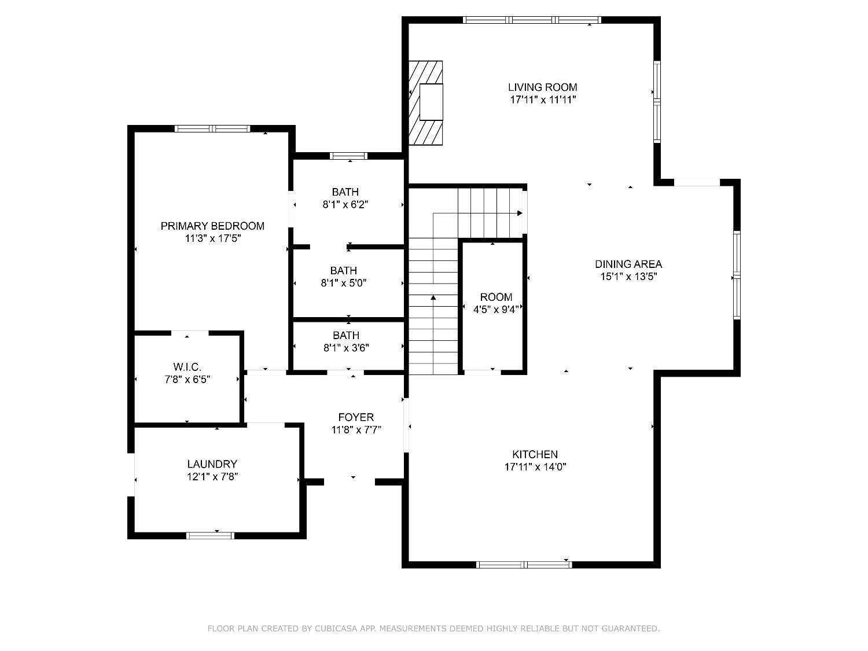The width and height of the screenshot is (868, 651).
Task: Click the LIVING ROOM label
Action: click(x=542, y=87)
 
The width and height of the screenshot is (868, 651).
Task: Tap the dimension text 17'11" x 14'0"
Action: click(x=535, y=467)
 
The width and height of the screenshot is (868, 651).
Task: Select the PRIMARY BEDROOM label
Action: click(x=212, y=226)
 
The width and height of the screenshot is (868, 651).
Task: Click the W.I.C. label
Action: click(x=187, y=367)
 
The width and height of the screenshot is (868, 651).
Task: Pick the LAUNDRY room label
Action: click(x=212, y=464)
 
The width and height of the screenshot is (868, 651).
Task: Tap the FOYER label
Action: click(x=356, y=417)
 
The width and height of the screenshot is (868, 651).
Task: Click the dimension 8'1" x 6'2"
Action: click(x=345, y=204)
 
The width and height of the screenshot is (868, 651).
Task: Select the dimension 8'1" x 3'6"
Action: click(x=346, y=348)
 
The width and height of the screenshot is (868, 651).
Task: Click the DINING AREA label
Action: click(x=628, y=264)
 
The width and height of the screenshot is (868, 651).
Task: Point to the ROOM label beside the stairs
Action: click(x=496, y=297)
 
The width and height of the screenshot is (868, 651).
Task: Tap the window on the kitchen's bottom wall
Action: click(x=524, y=564)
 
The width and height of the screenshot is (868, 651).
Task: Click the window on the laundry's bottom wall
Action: click(x=210, y=535)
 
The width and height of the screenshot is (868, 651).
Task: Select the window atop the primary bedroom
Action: click(x=212, y=128)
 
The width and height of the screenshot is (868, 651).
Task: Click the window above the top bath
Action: click(x=348, y=156)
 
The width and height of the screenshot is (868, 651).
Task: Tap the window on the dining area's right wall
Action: click(x=737, y=275)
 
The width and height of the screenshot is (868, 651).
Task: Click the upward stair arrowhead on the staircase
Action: click(x=433, y=297)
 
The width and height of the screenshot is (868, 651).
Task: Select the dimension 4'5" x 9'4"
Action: click(x=496, y=310)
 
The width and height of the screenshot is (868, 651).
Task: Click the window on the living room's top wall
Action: click(x=532, y=20)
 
